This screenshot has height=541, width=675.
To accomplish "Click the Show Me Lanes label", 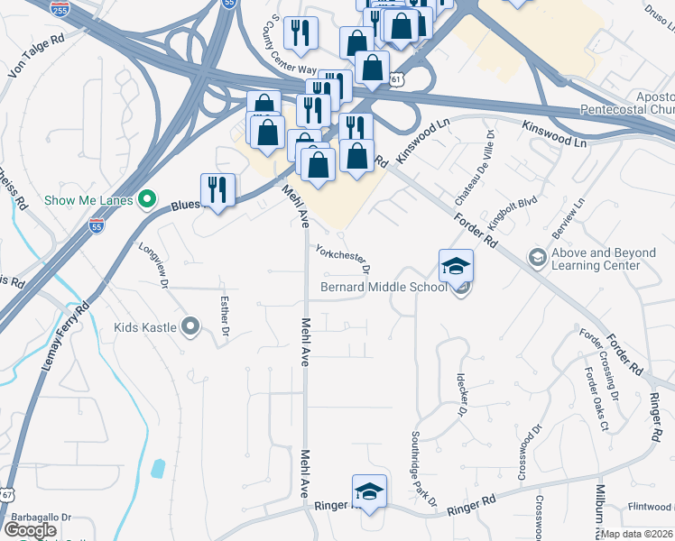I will pyautogui.click(x=88, y=199).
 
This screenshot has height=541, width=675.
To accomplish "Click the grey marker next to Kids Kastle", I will pyautogui.click(x=190, y=326).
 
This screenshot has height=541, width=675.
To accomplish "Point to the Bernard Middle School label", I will pyautogui.click(x=384, y=288).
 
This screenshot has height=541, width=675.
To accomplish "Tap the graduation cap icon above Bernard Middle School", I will pyautogui.click(x=456, y=266).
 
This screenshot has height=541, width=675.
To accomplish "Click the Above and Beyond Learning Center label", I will pyautogui.click(x=603, y=260).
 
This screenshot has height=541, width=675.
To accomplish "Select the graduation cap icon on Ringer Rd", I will pyautogui.click(x=369, y=491).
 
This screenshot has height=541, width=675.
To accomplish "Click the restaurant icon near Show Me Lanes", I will pyautogui.click(x=217, y=190).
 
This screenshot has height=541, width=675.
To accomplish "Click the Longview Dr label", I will pyautogui.click(x=153, y=264).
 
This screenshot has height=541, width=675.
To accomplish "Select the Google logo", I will pyautogui.click(x=31, y=529).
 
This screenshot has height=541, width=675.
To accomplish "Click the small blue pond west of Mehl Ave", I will pyautogui.click(x=159, y=468).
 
